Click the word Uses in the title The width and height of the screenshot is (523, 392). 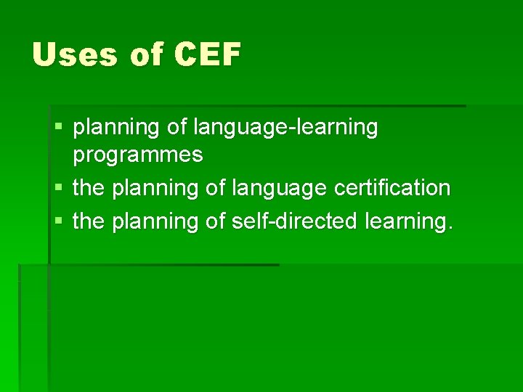(x=75, y=54)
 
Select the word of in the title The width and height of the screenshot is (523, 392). (x=147, y=55)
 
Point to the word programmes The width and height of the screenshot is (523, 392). (x=138, y=155)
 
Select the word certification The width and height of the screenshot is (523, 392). (x=392, y=189)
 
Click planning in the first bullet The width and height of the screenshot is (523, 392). (x=117, y=128)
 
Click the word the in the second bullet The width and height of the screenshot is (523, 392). (x=89, y=189)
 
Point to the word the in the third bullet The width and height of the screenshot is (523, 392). (x=89, y=221)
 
